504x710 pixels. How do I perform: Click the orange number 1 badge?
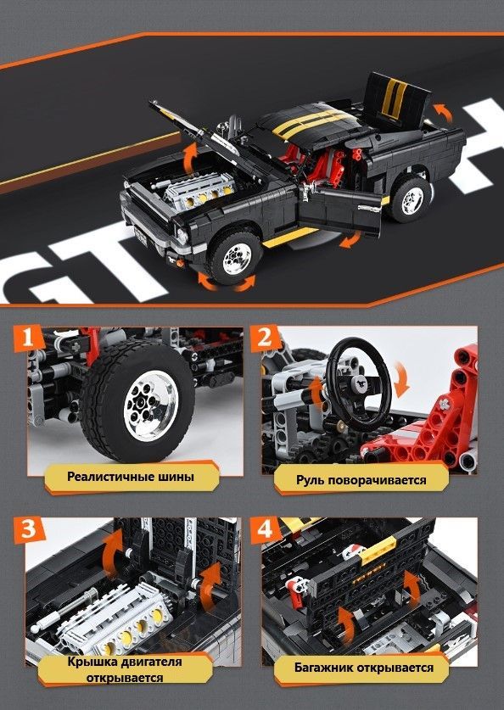point(29,338)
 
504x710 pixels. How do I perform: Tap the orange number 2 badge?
point(265,338)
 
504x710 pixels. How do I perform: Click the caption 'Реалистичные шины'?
point(131,477)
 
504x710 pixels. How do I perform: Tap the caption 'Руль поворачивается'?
point(361,479)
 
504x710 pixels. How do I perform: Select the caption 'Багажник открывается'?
point(364,668)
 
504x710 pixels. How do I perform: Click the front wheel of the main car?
point(234,257)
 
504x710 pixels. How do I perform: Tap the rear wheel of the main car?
point(409,198)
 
